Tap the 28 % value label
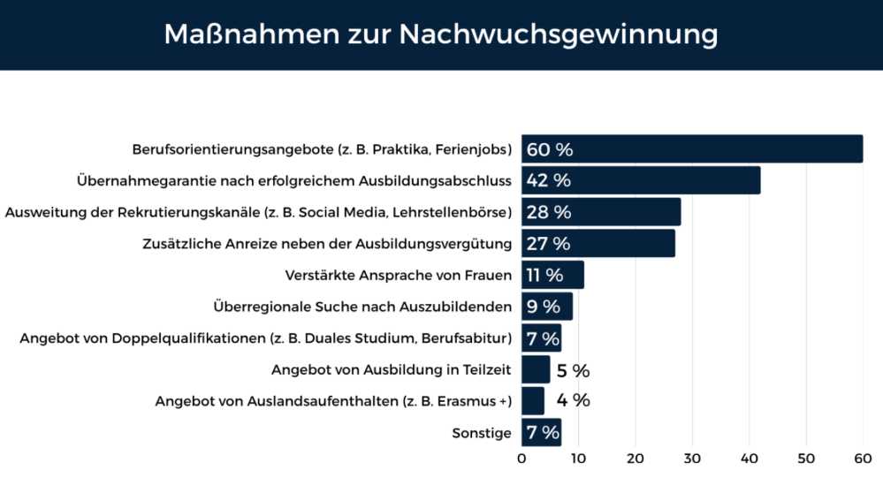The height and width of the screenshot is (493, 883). click(549, 212)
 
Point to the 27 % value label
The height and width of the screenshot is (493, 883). click(548, 243)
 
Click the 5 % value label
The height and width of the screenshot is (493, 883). click(573, 370)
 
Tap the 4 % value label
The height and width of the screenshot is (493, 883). click(573, 400)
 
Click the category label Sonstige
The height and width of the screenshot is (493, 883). click(482, 433)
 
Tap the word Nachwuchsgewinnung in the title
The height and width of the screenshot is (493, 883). click(559, 34)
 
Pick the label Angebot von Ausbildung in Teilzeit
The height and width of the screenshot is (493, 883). click(392, 370)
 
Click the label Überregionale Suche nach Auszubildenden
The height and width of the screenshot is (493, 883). click(362, 307)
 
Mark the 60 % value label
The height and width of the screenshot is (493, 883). click(550, 149)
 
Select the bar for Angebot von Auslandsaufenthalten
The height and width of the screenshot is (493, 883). click(533, 400)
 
